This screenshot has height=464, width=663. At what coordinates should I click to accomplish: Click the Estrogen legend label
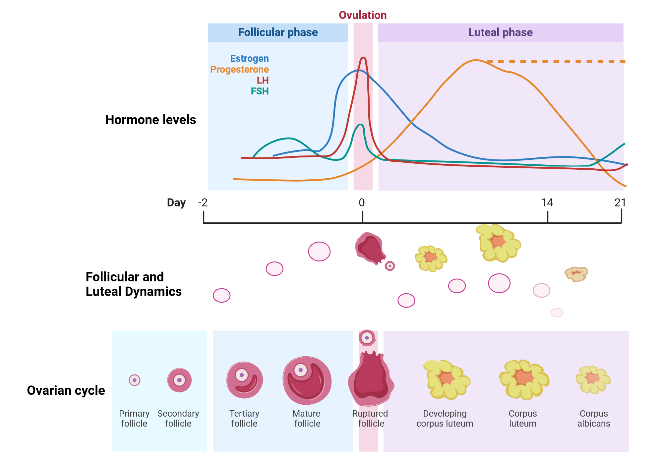click(x=249, y=58)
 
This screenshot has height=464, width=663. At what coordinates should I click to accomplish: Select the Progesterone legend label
click(x=239, y=69)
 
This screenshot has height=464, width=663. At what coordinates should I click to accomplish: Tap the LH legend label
click(x=263, y=80)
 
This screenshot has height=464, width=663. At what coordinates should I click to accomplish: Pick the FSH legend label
click(x=260, y=91)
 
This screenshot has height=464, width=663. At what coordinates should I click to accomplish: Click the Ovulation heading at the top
click(x=363, y=15)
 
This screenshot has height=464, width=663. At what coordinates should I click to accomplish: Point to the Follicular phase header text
click(x=278, y=32)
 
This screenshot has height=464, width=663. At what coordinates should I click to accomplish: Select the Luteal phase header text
click(x=500, y=32)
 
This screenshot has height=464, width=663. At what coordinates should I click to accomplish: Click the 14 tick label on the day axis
click(x=547, y=203)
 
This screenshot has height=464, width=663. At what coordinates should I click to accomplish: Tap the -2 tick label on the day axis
click(x=203, y=203)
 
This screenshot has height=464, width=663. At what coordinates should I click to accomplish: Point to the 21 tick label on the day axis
click(x=620, y=203)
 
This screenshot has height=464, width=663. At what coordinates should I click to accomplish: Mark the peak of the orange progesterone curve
click(x=476, y=60)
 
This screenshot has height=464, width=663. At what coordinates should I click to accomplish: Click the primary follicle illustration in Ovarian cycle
click(x=135, y=380)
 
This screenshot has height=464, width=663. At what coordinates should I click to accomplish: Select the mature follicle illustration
click(x=307, y=380)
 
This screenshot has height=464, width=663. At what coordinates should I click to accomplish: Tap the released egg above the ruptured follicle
click(x=367, y=338)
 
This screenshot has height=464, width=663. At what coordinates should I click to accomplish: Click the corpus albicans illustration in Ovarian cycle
click(x=593, y=379)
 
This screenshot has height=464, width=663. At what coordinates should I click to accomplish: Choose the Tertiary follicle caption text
click(x=244, y=418)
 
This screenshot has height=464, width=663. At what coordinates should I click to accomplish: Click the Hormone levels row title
click(x=151, y=120)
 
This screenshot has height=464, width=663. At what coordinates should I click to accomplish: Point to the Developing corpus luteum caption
click(x=445, y=418)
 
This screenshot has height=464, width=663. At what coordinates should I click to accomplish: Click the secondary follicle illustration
click(x=179, y=380)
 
